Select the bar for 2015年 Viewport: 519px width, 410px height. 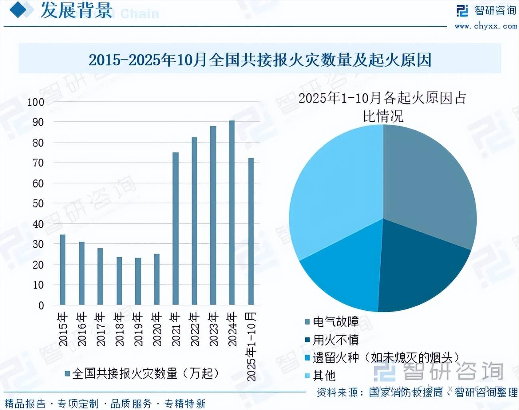click(62, 270)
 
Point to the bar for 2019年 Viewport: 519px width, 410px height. click(138, 281)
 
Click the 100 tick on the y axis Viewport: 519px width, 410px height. click(36, 102)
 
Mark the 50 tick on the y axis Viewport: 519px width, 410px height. click(38, 204)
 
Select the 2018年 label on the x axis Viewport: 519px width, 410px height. click(119, 329)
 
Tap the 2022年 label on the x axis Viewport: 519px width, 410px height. click(194, 329)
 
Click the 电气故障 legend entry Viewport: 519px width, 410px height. click(335, 322)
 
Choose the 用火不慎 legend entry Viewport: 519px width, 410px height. click(335, 340)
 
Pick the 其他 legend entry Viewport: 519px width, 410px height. click(324, 376)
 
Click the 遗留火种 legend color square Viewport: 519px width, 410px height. click(307, 358)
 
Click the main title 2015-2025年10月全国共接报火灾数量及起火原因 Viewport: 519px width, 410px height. click(260, 60)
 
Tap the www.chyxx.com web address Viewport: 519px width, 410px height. click(485, 26)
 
